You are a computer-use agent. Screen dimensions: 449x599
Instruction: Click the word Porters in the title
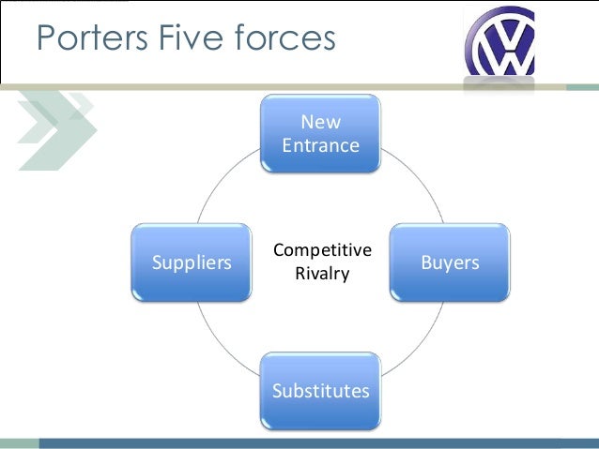(x=82, y=39)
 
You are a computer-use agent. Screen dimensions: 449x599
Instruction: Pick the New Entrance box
(x=320, y=133)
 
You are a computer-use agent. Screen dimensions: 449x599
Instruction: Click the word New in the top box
(x=320, y=122)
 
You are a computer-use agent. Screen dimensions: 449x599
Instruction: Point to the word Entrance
(x=320, y=145)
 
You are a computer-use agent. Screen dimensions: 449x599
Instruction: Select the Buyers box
(x=449, y=262)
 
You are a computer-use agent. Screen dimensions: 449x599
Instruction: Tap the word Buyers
(x=449, y=262)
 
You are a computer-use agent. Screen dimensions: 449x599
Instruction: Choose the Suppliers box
(x=192, y=262)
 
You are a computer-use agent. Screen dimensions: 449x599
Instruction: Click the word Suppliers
(x=192, y=262)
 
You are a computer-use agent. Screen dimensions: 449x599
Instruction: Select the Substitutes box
(x=320, y=391)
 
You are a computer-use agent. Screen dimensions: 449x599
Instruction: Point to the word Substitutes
(x=320, y=391)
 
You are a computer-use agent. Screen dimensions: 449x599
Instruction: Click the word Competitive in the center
(x=322, y=251)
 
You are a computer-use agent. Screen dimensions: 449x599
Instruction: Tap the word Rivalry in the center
(x=322, y=275)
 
